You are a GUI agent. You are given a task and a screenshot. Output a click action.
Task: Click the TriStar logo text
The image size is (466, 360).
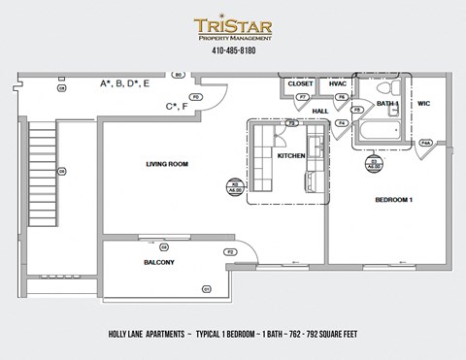point(232,26)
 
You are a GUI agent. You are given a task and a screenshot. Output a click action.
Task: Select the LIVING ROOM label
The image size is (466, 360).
point(166,164)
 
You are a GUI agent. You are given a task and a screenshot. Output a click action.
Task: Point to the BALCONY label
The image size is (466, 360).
point(159,262)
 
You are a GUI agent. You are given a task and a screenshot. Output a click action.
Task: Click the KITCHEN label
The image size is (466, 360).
point(291,155)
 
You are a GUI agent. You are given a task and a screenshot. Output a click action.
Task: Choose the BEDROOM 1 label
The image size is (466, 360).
point(394,200)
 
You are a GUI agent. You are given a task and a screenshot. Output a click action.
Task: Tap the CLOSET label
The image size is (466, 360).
point(301,84)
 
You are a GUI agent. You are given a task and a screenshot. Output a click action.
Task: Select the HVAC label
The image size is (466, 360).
point(338,84)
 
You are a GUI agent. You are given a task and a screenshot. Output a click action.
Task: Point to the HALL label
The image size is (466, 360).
point(319,111)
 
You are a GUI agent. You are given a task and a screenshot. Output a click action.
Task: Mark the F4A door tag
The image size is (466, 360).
point(425,143)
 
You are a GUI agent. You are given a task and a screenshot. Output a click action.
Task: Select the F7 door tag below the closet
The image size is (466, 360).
point(302,99)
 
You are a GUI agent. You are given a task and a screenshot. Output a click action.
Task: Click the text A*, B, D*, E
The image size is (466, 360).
point(125,84)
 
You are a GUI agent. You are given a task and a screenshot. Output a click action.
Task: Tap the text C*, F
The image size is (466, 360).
point(176,106)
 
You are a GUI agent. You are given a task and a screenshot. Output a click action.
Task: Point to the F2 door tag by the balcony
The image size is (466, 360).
point(230,251)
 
